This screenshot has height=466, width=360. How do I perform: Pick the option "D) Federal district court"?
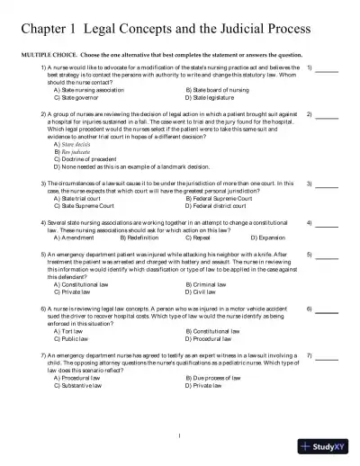(x=220, y=206)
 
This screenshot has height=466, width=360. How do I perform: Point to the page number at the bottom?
(x=180, y=437)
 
